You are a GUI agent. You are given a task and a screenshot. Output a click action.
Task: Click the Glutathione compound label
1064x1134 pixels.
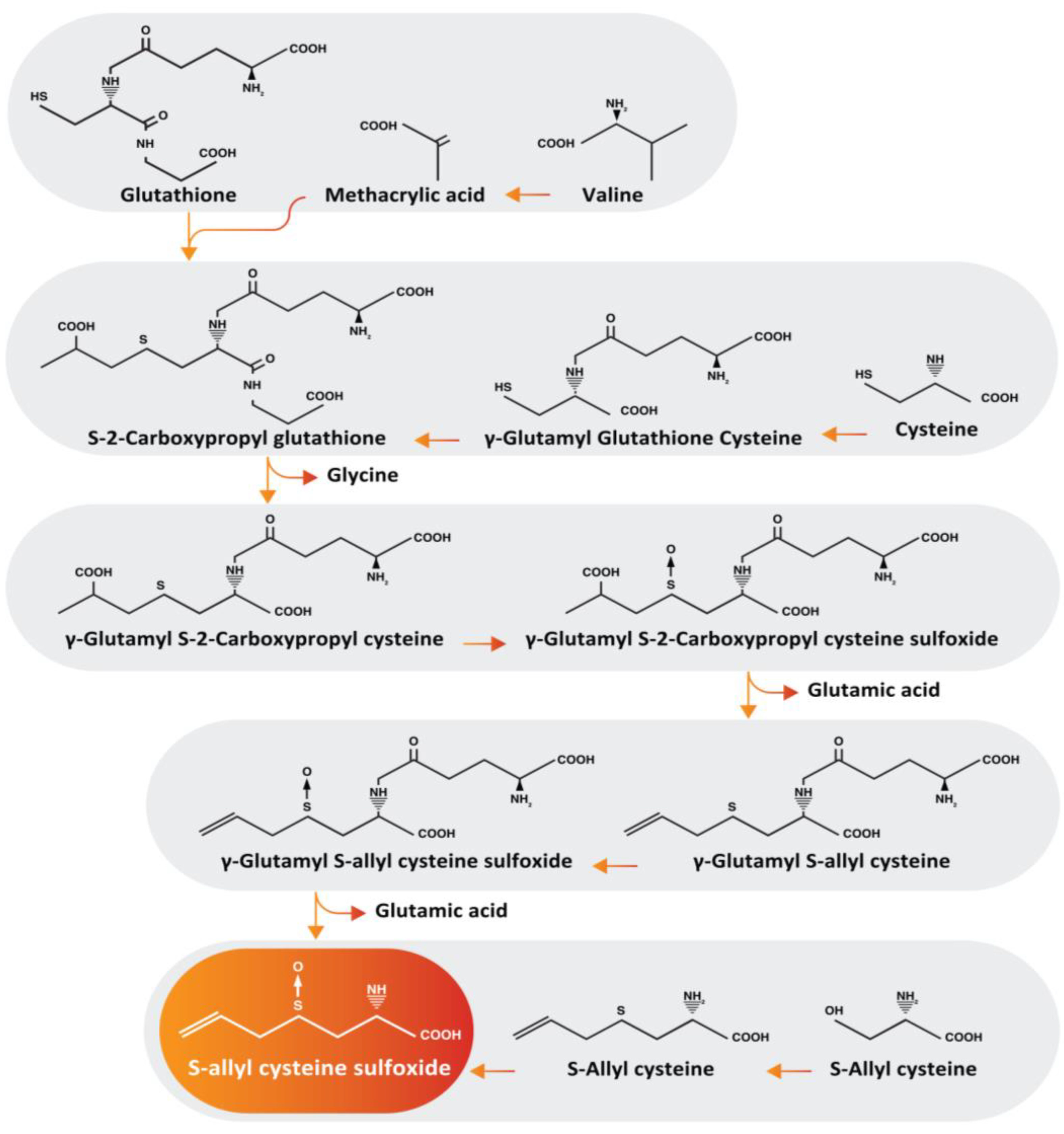pos(178,195)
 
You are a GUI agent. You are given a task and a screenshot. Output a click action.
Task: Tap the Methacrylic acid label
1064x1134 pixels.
pos(404,195)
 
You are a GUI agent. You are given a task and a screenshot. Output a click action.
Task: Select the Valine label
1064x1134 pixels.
pos(612,195)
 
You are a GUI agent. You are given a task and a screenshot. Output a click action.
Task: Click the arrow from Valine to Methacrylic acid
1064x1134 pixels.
pos(527,195)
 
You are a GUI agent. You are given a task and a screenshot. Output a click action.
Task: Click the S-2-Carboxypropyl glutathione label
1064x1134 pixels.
pos(236,438)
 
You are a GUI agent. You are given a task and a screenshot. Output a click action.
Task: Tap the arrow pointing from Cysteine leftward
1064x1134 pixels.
pos(844,435)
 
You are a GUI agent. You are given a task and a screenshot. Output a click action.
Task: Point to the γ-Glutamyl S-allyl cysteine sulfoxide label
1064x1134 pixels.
pos(396,860)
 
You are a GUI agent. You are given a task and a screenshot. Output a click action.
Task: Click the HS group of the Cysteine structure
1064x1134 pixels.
pos(863,375)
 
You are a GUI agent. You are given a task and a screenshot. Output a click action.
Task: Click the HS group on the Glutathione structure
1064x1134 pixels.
pos(39,97)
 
